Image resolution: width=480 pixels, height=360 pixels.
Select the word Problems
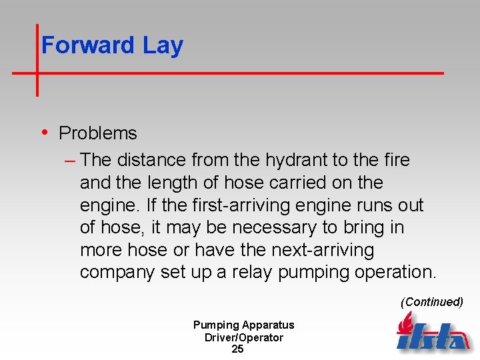tap(98, 133)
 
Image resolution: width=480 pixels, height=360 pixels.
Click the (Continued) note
tap(431, 302)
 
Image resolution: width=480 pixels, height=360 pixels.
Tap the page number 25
tap(237, 349)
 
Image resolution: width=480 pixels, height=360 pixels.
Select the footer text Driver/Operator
tap(243, 337)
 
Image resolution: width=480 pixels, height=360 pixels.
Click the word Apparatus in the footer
tap(268, 325)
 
